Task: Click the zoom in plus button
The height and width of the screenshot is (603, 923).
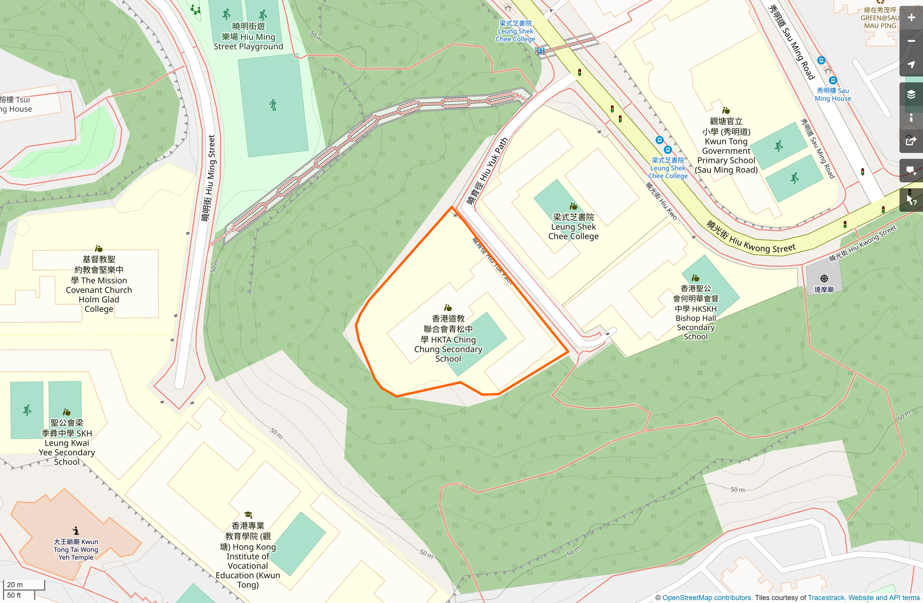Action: pyautogui.click(x=911, y=18)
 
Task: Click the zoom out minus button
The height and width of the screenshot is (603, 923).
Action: pyautogui.click(x=911, y=41)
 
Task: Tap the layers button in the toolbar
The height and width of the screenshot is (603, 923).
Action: pyautogui.click(x=911, y=95)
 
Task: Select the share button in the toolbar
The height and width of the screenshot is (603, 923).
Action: pyautogui.click(x=911, y=141)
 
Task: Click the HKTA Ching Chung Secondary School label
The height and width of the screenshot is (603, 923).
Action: pyautogui.click(x=448, y=339)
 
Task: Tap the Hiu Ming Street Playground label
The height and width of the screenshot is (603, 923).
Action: pyautogui.click(x=248, y=36)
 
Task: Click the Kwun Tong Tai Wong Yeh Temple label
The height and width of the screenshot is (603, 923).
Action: pyautogui.click(x=76, y=549)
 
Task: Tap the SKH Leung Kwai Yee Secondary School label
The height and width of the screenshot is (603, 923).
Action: pyautogui.click(x=67, y=442)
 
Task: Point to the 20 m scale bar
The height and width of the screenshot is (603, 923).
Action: pyautogui.click(x=24, y=585)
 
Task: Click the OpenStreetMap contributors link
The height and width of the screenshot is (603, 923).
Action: pyautogui.click(x=706, y=598)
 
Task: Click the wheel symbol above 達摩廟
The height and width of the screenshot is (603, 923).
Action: pyautogui.click(x=824, y=278)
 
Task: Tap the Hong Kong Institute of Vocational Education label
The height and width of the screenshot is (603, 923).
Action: pyautogui.click(x=248, y=555)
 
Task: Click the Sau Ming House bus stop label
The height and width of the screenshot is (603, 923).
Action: pyautogui.click(x=833, y=94)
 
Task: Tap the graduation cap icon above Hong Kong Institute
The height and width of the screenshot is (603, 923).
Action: pyautogui.click(x=248, y=515)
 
